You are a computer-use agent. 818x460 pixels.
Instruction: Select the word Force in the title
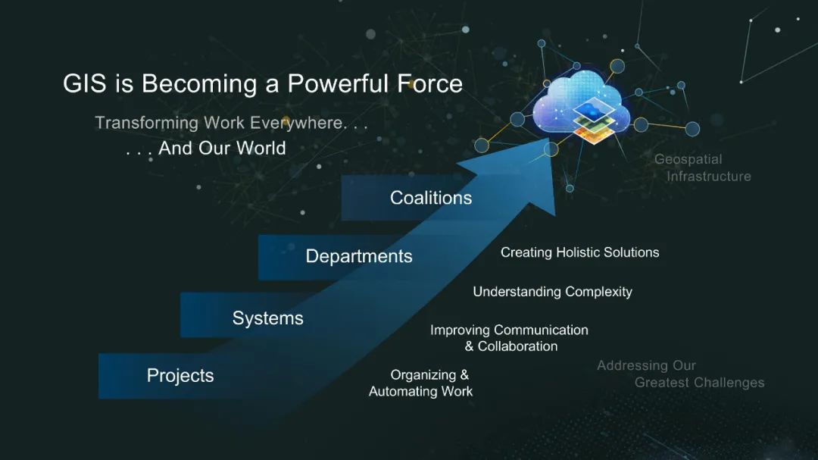click(x=430, y=83)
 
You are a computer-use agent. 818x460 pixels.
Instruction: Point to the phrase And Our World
click(x=222, y=149)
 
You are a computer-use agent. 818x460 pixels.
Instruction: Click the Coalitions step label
click(x=431, y=198)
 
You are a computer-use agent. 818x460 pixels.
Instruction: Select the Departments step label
click(x=359, y=256)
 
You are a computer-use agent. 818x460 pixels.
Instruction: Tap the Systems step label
click(x=267, y=318)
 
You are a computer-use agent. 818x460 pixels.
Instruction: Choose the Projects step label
click(x=180, y=375)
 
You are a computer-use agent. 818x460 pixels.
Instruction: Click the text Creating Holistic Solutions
click(x=579, y=252)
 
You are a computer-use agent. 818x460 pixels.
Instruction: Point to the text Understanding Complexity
click(x=552, y=292)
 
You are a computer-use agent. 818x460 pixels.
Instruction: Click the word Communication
click(x=541, y=330)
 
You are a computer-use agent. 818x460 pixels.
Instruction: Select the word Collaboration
click(x=517, y=346)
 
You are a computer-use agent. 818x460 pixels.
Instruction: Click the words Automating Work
click(x=420, y=391)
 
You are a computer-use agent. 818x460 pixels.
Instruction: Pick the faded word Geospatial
click(x=688, y=160)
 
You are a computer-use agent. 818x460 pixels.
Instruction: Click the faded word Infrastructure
click(x=709, y=177)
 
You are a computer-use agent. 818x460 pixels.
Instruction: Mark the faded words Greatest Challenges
click(x=699, y=383)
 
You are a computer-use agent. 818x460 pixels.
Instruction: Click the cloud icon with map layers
click(x=582, y=107)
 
